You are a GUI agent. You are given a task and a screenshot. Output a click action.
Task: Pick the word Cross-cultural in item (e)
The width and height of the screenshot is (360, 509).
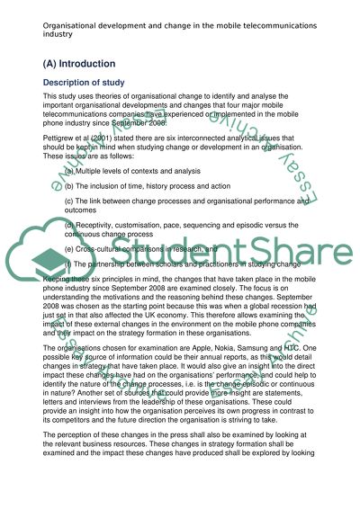tap(103, 274)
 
